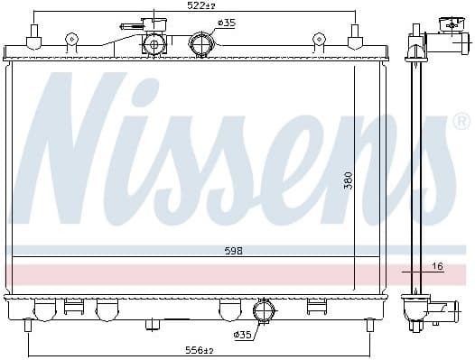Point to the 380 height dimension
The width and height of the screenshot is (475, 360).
(348, 181)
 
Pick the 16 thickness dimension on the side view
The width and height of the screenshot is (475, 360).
(438, 266)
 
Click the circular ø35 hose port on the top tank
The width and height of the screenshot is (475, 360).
(200, 42)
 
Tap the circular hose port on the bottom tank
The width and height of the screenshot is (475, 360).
(264, 312)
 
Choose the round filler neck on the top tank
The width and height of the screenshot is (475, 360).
(154, 42)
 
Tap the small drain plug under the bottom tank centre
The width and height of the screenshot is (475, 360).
(153, 323)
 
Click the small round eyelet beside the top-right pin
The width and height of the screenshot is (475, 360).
(319, 40)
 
